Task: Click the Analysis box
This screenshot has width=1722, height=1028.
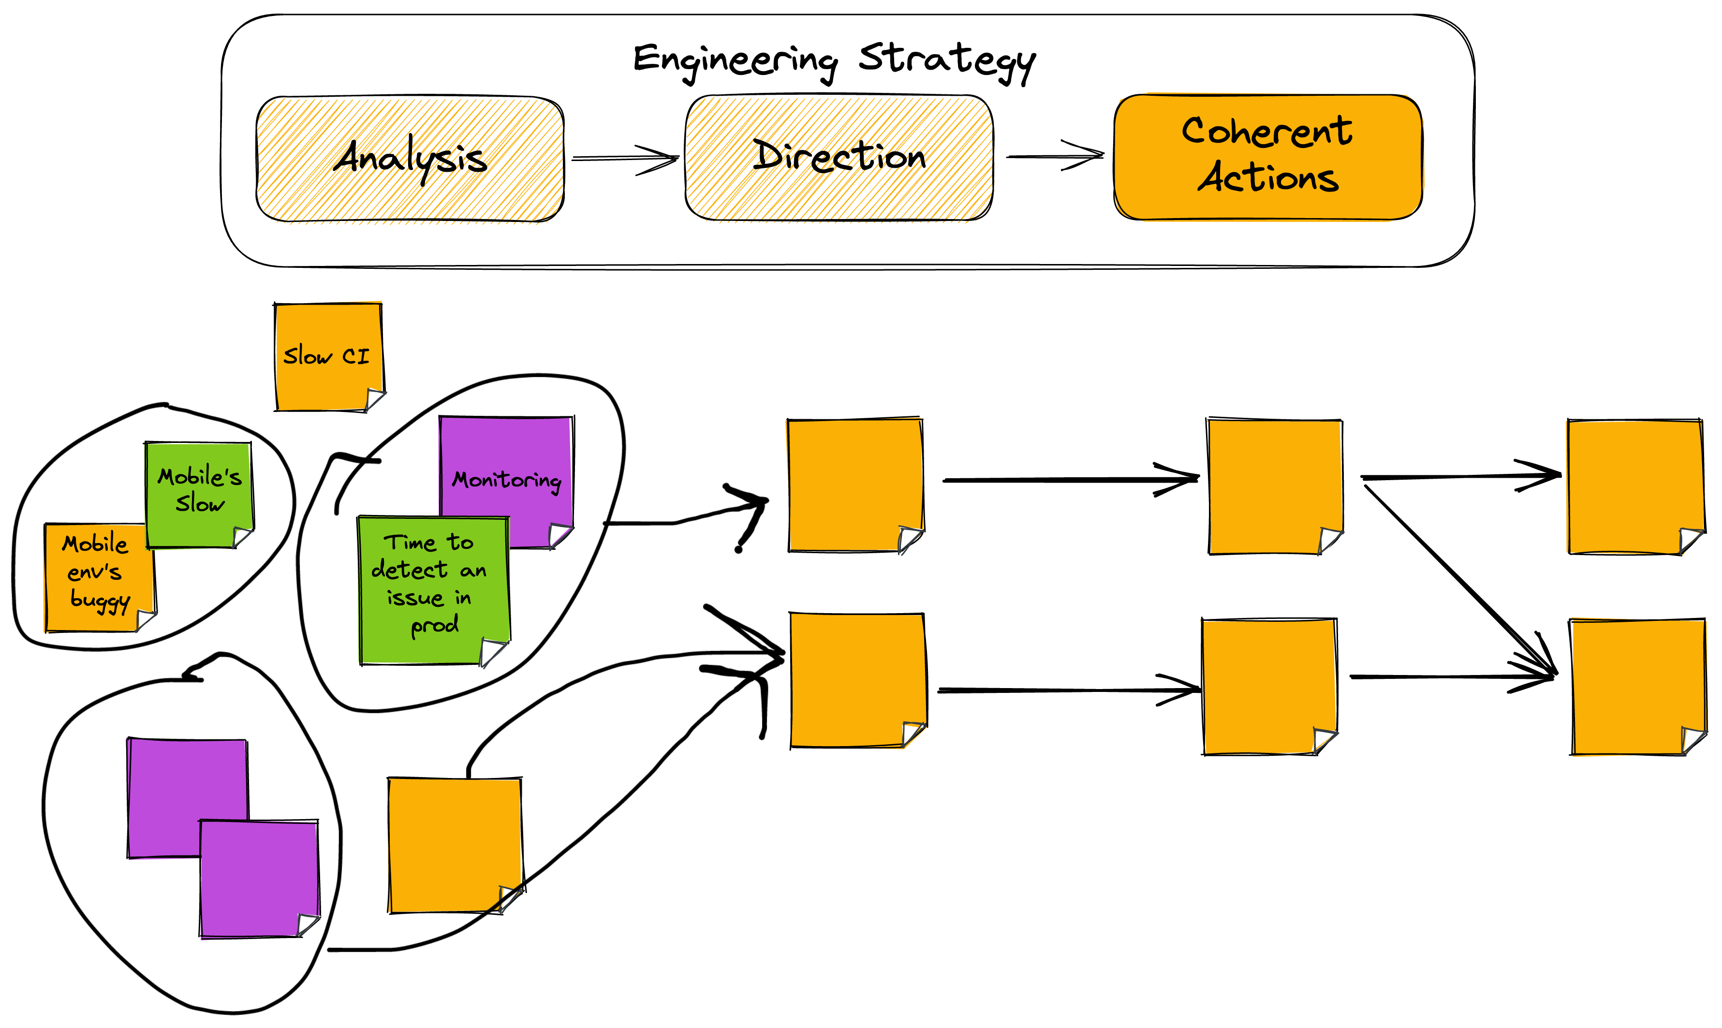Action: (410, 159)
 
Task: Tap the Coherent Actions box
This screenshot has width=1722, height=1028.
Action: (1267, 157)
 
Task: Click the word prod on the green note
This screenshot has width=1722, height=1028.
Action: (434, 625)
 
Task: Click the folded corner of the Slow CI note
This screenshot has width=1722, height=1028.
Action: (375, 400)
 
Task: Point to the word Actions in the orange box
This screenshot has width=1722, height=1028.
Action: (1268, 178)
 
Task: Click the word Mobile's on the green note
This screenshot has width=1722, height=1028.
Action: (200, 477)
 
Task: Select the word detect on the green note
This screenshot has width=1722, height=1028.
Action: (409, 570)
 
